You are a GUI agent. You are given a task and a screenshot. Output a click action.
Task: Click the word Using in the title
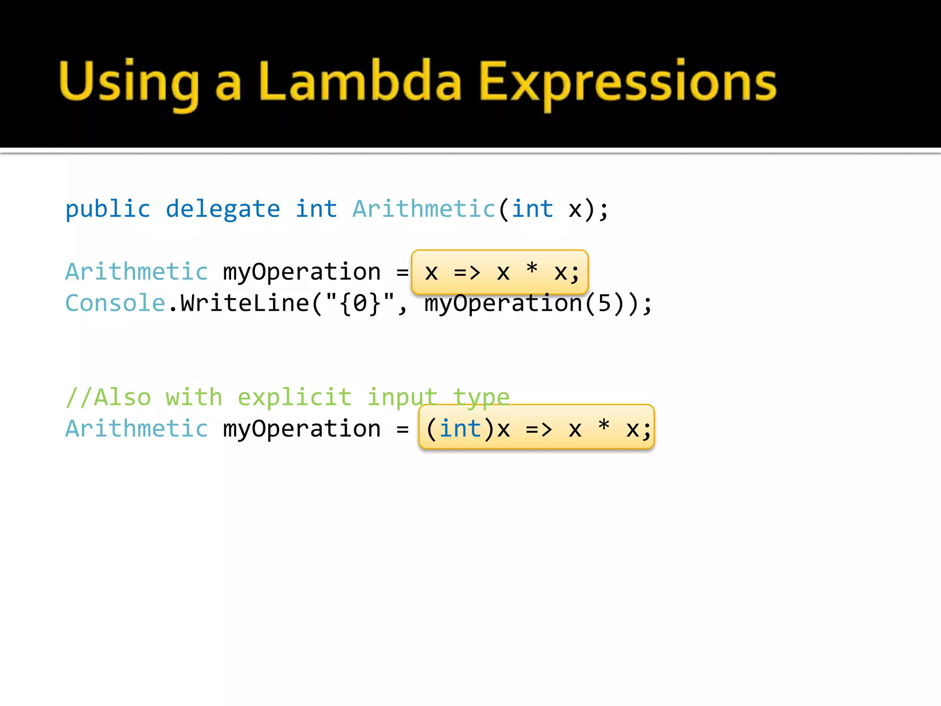click(x=129, y=83)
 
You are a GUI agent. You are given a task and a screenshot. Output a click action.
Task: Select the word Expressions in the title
click(x=628, y=83)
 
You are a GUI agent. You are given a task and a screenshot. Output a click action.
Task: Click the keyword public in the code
click(x=108, y=210)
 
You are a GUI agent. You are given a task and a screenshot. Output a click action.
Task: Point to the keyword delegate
click(x=223, y=210)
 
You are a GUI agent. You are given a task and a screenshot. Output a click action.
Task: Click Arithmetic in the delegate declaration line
click(x=424, y=209)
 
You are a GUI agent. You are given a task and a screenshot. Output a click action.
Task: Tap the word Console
click(x=115, y=303)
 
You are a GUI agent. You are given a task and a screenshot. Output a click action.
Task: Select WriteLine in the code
click(x=244, y=303)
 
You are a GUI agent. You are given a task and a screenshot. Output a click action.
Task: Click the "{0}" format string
click(x=360, y=303)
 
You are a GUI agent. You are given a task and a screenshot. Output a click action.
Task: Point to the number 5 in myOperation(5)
click(x=604, y=303)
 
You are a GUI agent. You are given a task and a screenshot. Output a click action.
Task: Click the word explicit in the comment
click(x=295, y=397)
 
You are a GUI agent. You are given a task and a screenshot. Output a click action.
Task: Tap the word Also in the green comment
click(x=122, y=397)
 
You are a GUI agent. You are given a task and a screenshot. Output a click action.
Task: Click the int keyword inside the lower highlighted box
click(x=460, y=429)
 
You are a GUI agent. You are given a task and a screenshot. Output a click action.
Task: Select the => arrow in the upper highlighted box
click(x=467, y=273)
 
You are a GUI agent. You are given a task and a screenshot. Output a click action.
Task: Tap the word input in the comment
click(x=402, y=397)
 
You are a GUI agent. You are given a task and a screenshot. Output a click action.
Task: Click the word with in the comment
click(x=194, y=397)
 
